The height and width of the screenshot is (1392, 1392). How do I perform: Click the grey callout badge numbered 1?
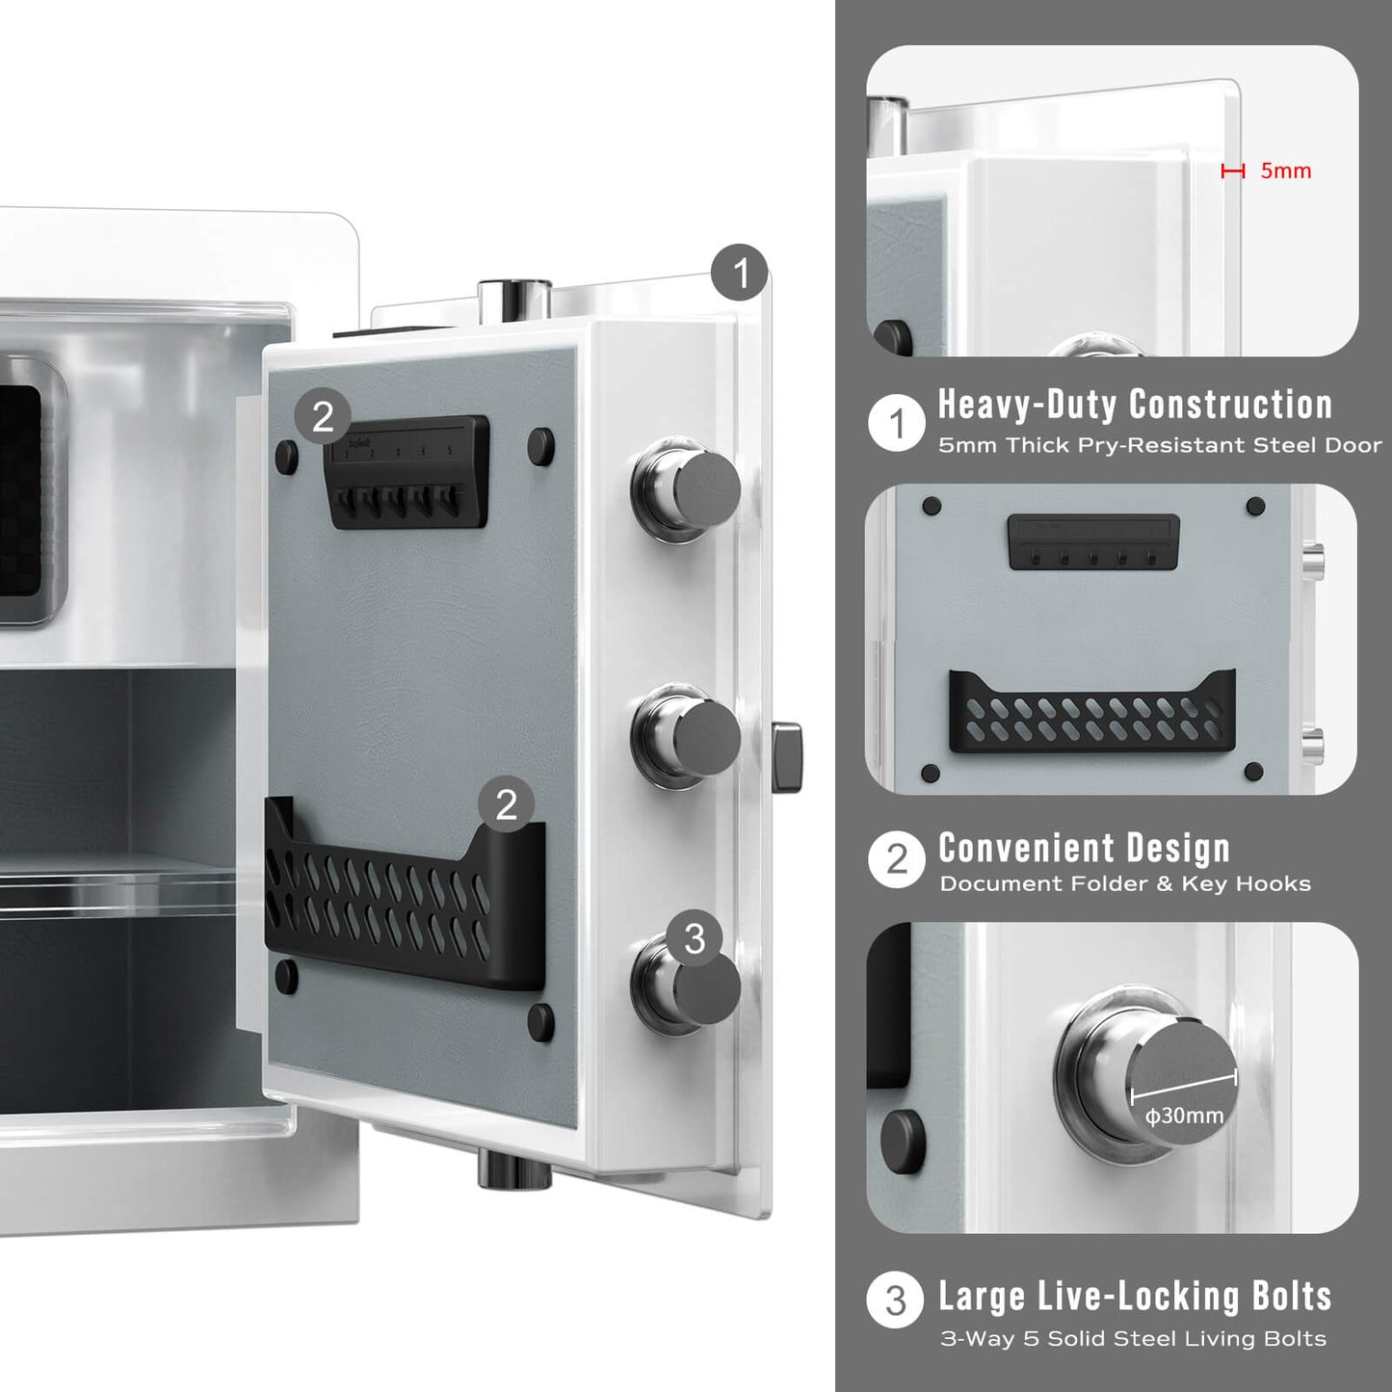pos(740,273)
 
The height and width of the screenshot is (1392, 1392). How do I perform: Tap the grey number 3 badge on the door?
pos(695,938)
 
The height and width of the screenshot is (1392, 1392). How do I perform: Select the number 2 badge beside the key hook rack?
pos(323,417)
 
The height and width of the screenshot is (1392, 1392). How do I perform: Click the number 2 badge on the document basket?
pos(507,804)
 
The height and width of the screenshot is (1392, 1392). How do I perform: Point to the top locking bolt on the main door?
pos(685,489)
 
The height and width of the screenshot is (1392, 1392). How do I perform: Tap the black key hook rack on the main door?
pos(408,472)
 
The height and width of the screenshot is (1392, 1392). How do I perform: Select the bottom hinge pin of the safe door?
pos(514,1168)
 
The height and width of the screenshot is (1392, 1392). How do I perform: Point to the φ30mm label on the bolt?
pos(1185,1116)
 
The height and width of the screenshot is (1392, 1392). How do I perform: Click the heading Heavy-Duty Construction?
pos(1135,405)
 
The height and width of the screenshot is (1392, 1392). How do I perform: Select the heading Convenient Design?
pos(1084,849)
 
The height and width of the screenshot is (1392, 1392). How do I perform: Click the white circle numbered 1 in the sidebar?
pos(897,423)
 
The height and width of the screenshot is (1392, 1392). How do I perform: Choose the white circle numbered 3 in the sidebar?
pos(896,1300)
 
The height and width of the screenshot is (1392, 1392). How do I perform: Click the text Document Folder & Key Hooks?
pos(1125,883)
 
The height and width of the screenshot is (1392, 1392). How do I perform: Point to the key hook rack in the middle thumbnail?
pos(1093,541)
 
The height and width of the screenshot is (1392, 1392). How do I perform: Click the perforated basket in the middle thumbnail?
pos(1092,712)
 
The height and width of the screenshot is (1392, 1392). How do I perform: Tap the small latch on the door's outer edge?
pos(787,756)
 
